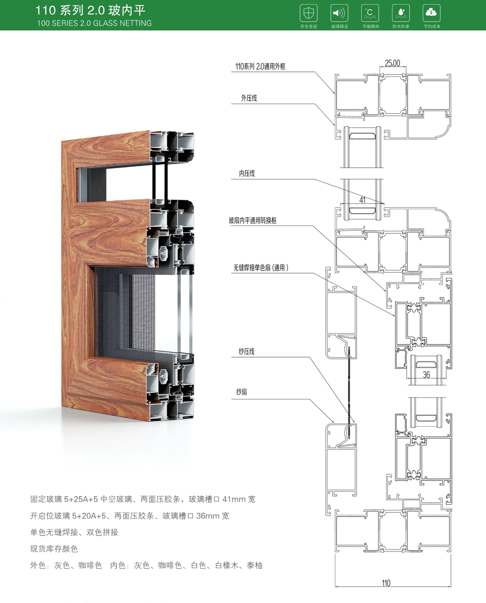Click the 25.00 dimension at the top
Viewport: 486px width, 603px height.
coord(392,63)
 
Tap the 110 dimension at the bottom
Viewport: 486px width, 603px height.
coord(386,583)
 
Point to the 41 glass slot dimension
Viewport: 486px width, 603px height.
coord(363,199)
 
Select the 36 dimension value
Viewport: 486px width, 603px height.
coord(426,375)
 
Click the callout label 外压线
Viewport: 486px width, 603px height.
coord(249,98)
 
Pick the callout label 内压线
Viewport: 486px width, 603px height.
coord(247,173)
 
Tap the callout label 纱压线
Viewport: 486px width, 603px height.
coord(246,351)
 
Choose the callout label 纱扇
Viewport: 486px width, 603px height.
coord(242,392)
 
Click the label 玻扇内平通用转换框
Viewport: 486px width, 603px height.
coord(253,221)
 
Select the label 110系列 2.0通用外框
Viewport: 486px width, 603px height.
coord(260,67)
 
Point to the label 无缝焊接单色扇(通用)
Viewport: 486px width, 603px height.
coord(261,268)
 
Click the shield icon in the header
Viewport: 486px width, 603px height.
coord(309,13)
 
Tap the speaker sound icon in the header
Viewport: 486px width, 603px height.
coord(339,13)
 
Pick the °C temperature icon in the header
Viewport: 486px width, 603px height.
coord(370,13)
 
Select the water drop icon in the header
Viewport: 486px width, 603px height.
coord(400,13)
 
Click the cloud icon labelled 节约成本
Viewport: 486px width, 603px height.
coord(432,13)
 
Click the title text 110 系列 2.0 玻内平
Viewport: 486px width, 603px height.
coord(90,10)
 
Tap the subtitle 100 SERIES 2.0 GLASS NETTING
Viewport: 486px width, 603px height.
coord(94,23)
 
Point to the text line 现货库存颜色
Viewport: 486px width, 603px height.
coord(54,549)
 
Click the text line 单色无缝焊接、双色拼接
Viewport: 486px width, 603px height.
coord(74,532)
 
